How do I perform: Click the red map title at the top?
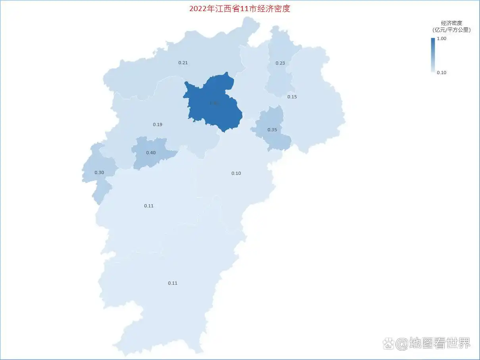click(240, 8)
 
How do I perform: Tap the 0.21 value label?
click(183, 63)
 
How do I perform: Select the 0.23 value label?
click(280, 63)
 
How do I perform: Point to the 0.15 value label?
click(292, 97)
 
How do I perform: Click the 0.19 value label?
click(157, 124)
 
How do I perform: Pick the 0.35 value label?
click(272, 130)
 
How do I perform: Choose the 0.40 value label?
click(151, 153)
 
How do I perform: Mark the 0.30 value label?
click(99, 172)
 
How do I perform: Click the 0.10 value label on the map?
click(236, 173)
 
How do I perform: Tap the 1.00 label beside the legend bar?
click(442, 38)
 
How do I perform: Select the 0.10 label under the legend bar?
click(442, 73)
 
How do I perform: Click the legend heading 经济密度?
click(451, 23)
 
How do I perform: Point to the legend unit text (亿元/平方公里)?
click(451, 30)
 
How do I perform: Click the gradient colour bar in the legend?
click(433, 55)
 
